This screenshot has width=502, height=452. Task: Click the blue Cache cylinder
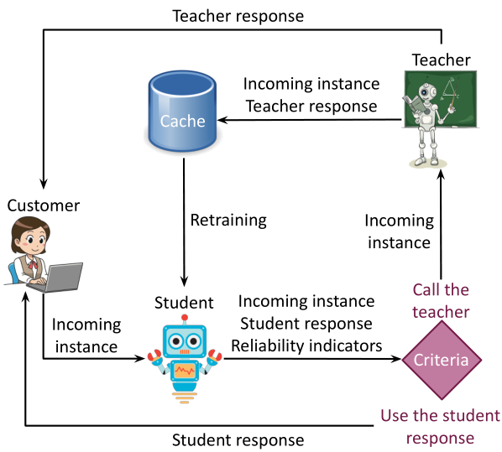click(182, 113)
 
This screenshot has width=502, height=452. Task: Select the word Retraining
click(227, 221)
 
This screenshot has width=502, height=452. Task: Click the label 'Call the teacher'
click(441, 300)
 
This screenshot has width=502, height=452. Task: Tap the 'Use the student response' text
click(440, 426)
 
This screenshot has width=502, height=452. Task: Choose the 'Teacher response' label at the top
click(238, 15)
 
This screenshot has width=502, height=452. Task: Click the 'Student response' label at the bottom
click(238, 439)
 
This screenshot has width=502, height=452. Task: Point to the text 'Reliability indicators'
click(306, 345)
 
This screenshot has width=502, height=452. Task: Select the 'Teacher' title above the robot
click(442, 60)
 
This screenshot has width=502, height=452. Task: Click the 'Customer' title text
click(43, 205)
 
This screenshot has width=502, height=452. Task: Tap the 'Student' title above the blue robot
click(184, 302)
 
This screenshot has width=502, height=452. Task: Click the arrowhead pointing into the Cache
click(226, 120)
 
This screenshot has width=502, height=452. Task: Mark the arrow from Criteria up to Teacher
click(441, 226)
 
